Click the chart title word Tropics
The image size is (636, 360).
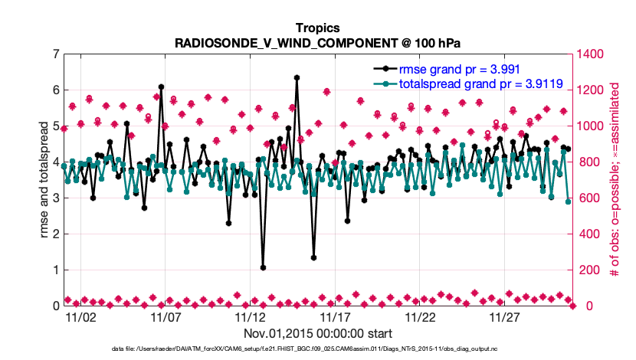point(317,29)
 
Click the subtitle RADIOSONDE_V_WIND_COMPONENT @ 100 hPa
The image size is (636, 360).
point(317,43)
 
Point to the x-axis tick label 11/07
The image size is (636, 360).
point(166,316)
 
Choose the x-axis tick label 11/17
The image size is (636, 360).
point(335,316)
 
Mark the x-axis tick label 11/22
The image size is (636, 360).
point(420,316)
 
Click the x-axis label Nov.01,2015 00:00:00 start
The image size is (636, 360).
point(317,333)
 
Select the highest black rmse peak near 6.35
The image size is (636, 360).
point(297,77)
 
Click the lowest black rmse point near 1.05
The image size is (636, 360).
point(263,268)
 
